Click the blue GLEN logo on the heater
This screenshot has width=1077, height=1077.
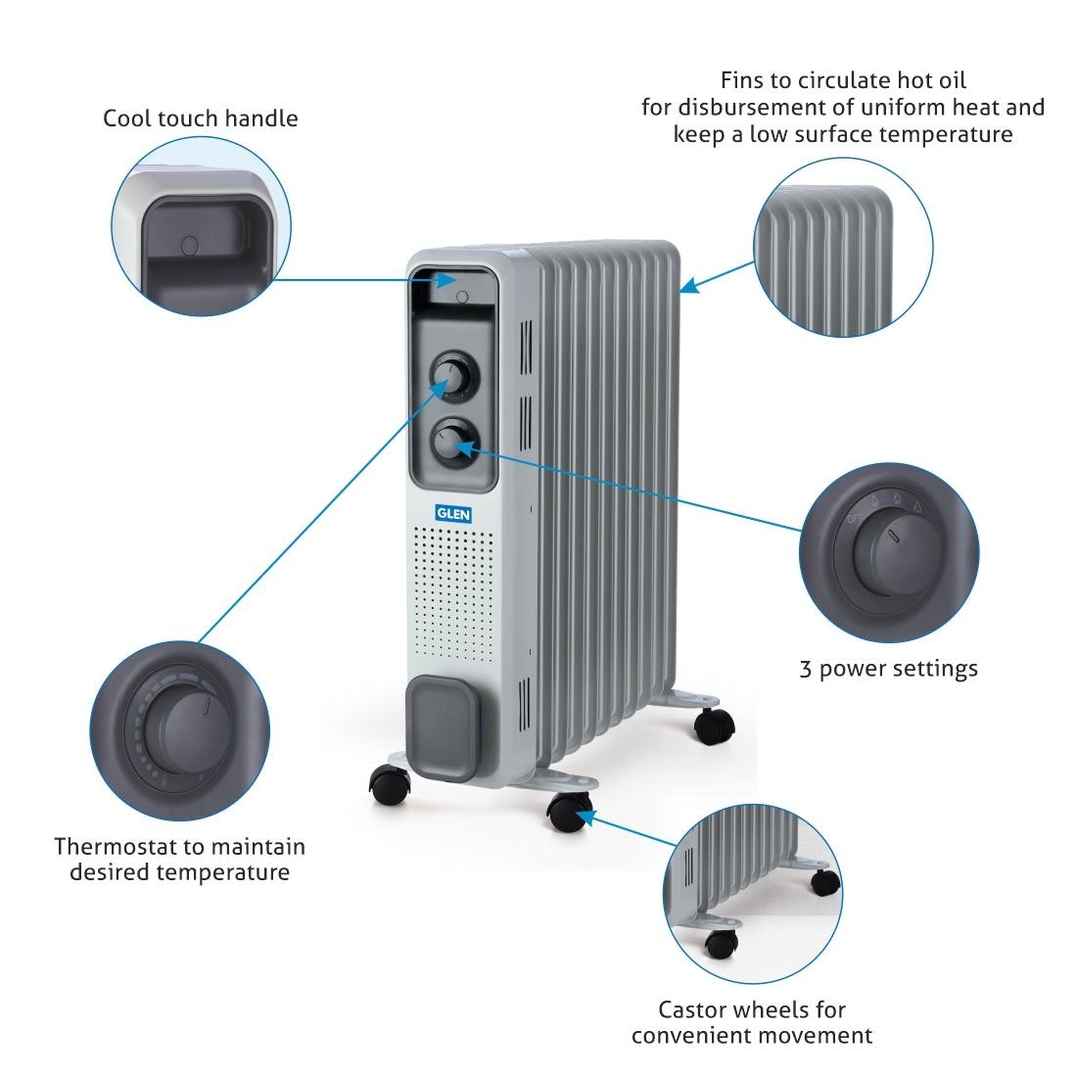pyautogui.click(x=453, y=513)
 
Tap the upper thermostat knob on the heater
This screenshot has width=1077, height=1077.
pyautogui.click(x=452, y=374)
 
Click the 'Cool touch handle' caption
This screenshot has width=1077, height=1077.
pyautogui.click(x=201, y=118)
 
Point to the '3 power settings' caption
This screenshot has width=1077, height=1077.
pyautogui.click(x=888, y=669)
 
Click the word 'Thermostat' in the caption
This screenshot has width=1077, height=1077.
pyautogui.click(x=113, y=846)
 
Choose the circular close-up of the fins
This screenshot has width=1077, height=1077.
pyautogui.click(x=842, y=248)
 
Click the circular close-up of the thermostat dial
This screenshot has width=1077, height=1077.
pyautogui.click(x=180, y=730)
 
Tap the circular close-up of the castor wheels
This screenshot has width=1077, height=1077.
pyautogui.click(x=752, y=894)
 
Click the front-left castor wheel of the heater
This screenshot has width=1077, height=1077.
pyautogui.click(x=390, y=785)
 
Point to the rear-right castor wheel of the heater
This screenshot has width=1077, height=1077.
pyautogui.click(x=714, y=726)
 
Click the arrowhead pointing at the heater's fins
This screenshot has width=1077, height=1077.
pyautogui.click(x=688, y=286)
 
